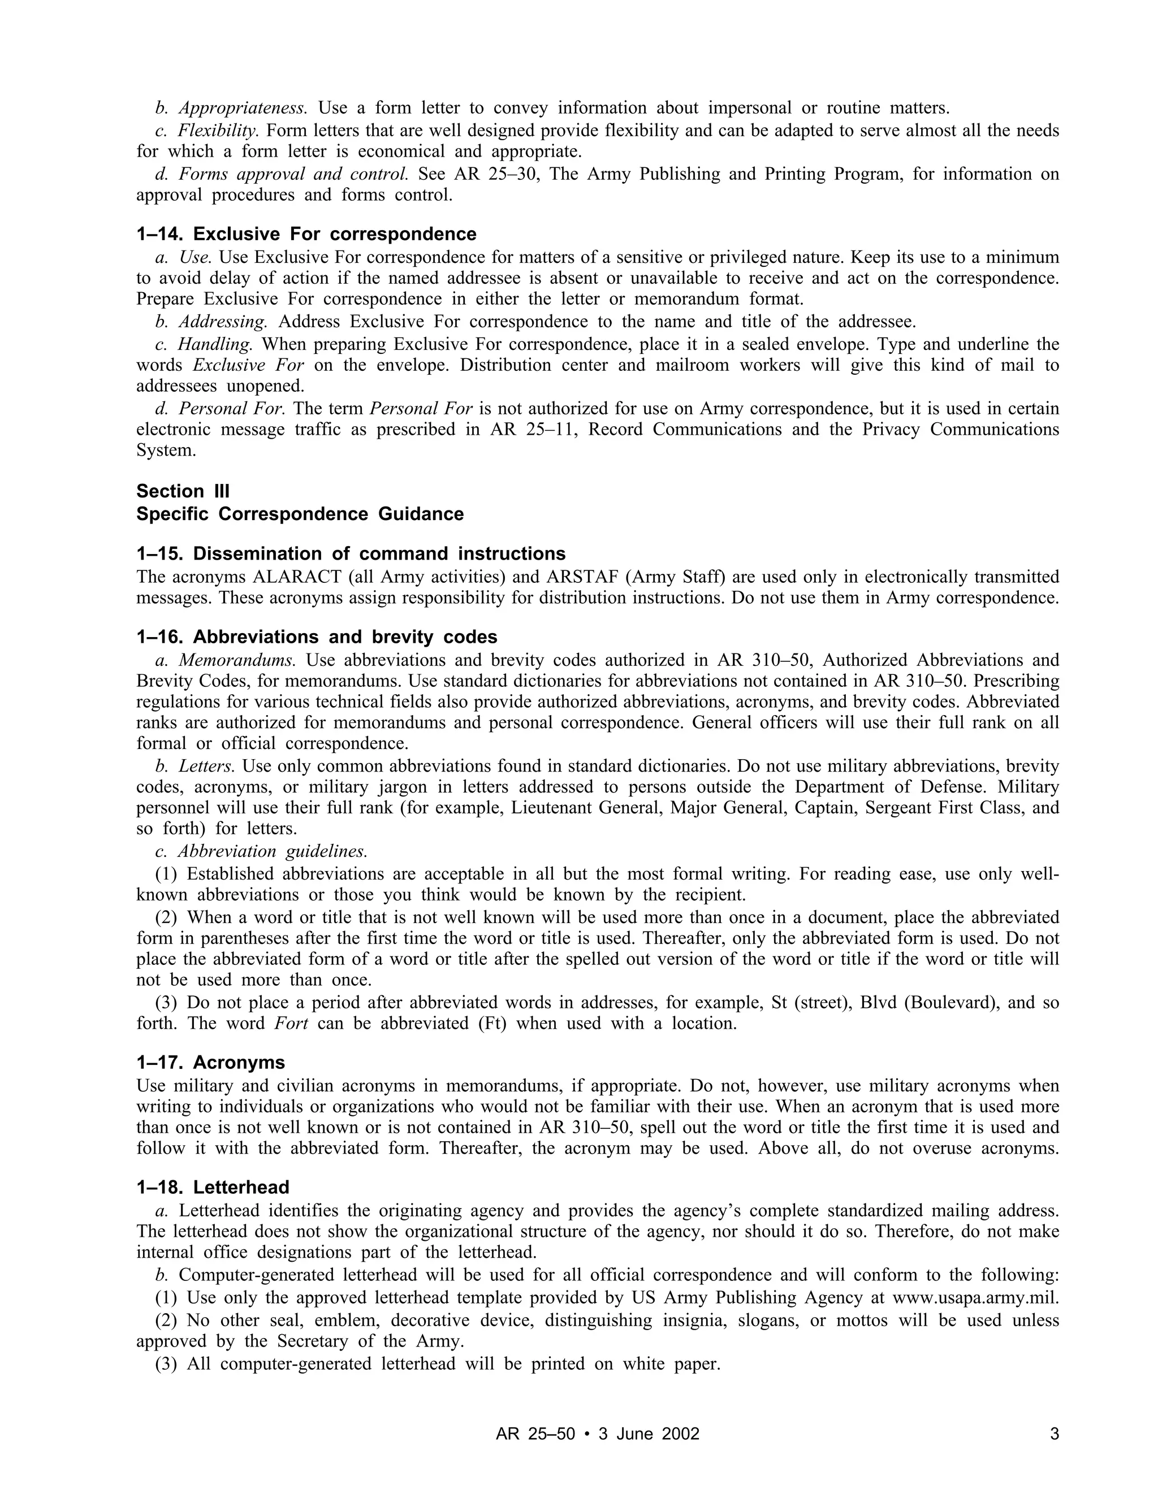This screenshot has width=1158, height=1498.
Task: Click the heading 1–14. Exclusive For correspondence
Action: pos(306,234)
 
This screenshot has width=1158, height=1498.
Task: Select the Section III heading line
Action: pos(183,491)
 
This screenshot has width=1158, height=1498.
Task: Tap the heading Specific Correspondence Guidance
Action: pos(300,514)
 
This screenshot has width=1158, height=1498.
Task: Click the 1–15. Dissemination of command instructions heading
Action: pos(351,553)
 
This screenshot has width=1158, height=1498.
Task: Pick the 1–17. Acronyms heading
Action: pos(210,1063)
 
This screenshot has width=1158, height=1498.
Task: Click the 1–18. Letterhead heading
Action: pos(213,1187)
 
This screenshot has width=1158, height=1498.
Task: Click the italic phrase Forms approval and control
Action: pos(293,174)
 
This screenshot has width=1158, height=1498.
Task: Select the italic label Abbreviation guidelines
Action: pos(273,851)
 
